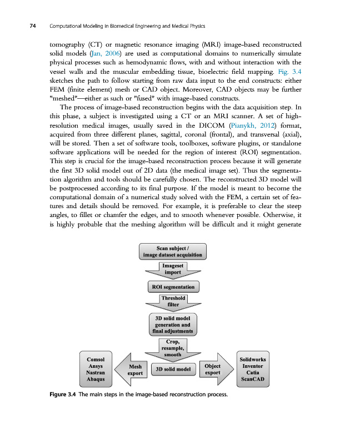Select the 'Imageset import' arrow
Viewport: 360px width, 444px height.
(172, 270)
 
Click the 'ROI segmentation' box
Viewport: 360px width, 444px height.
(173, 287)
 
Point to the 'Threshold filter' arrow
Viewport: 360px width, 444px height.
(172, 302)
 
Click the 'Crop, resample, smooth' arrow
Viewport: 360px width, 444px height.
(172, 349)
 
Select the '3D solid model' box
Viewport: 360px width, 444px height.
(173, 369)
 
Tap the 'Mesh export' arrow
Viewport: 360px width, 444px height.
(133, 370)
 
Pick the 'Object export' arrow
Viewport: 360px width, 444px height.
(213, 370)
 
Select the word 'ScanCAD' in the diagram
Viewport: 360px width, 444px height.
(252, 382)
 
